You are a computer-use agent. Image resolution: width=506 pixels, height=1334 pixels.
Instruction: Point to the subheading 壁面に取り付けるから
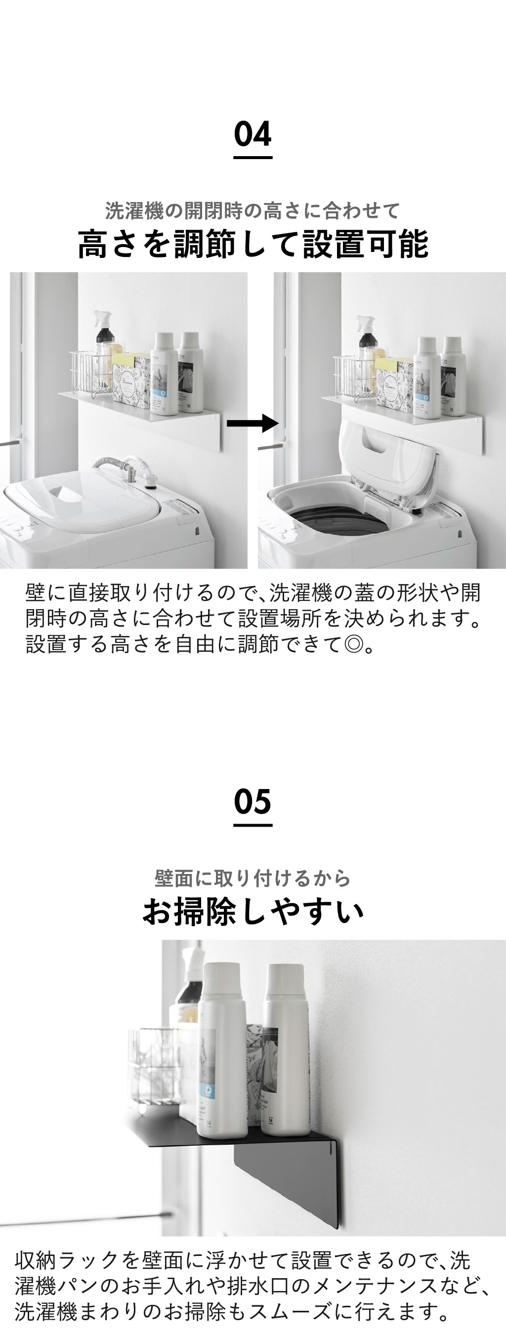[x=253, y=878]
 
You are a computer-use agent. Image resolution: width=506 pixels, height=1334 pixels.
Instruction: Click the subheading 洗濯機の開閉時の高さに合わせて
[x=253, y=211]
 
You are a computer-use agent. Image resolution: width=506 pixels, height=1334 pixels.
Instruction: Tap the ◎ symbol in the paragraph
[x=354, y=644]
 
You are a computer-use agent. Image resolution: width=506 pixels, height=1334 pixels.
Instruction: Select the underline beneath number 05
[x=253, y=825]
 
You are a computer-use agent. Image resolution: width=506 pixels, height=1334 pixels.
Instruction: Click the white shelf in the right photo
[x=401, y=419]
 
